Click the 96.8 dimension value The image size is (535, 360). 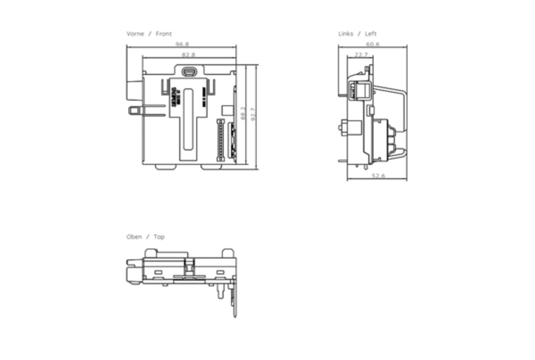pyautogui.click(x=182, y=44)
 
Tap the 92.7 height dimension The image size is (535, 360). pyautogui.click(x=253, y=114)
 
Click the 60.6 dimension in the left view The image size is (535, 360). pyautogui.click(x=372, y=44)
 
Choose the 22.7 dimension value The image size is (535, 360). pyautogui.click(x=360, y=55)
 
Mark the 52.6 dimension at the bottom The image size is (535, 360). pyautogui.click(x=378, y=176)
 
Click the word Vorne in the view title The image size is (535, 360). pyautogui.click(x=135, y=34)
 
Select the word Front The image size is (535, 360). pyautogui.click(x=164, y=34)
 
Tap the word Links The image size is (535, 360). pyautogui.click(x=346, y=34)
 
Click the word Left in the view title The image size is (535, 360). pyautogui.click(x=371, y=34)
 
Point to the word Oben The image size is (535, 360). pyautogui.click(x=134, y=237)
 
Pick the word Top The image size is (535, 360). pyautogui.click(x=159, y=237)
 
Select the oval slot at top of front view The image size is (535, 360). pyautogui.click(x=190, y=71)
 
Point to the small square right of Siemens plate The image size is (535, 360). pyautogui.click(x=227, y=110)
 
